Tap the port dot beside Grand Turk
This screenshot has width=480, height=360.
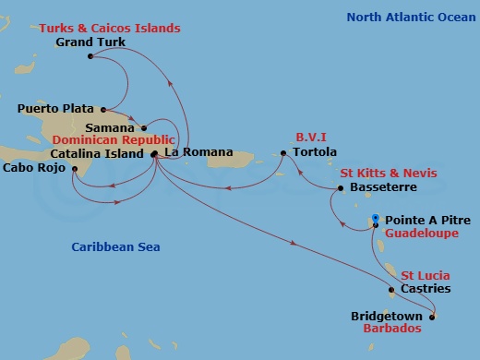pos(90,57)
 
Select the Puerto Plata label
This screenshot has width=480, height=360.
pos(55,109)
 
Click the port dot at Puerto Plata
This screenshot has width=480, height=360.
pos(103,109)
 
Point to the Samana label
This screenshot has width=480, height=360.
pos(110,127)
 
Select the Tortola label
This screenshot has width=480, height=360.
pos(315,152)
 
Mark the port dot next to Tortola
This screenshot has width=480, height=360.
pos(284,152)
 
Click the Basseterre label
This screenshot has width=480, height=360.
pos(384,187)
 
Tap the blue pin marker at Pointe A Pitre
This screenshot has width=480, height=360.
pos(374,220)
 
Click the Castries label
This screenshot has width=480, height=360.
pos(426,289)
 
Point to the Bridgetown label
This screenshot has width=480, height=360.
pos(387,316)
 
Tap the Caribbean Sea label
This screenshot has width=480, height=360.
pos(116,246)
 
